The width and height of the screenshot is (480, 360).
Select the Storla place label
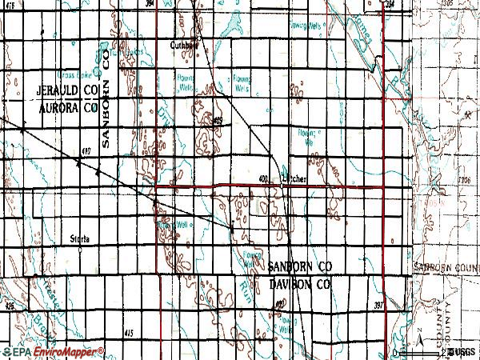80,238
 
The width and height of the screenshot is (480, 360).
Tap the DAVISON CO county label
299,283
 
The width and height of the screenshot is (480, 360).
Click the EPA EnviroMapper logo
53,352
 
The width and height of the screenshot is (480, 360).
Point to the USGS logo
463,352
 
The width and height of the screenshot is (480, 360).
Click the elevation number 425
10,306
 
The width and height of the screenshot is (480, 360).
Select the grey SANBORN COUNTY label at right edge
449,268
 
